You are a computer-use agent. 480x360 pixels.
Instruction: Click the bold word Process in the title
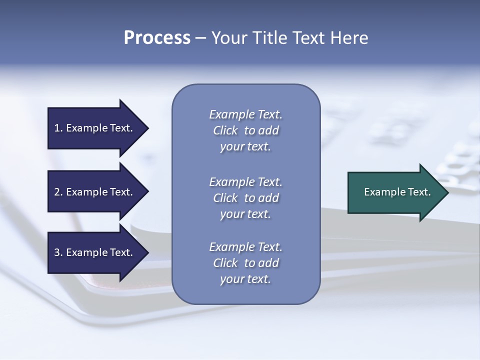[x=157, y=38]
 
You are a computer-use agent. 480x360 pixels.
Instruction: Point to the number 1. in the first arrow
[x=58, y=128]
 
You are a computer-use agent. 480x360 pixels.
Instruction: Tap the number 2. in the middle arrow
[x=58, y=192]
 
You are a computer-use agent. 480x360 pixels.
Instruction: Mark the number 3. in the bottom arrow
[x=58, y=252]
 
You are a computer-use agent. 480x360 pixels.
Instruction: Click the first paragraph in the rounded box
[x=245, y=130]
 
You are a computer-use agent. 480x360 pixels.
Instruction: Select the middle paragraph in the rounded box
[x=245, y=198]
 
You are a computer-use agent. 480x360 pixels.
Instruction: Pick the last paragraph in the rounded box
[x=245, y=263]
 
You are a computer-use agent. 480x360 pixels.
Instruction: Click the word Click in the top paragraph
[x=225, y=130]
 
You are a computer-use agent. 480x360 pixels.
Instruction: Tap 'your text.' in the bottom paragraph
[x=245, y=279]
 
